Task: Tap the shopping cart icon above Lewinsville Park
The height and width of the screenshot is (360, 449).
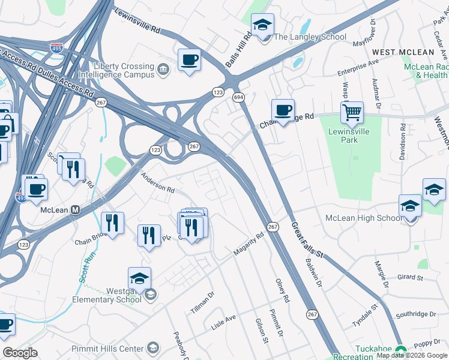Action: (352, 112)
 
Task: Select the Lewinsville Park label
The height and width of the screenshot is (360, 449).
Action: (349, 136)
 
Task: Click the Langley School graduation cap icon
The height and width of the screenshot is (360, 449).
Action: (262, 26)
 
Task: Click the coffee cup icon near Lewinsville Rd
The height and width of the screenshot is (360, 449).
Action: (189, 60)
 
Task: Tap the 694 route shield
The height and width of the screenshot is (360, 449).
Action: (238, 97)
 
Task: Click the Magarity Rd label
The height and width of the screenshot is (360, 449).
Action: (249, 244)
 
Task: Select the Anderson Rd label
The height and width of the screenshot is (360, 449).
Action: (157, 182)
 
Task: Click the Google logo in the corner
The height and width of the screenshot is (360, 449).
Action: (20, 353)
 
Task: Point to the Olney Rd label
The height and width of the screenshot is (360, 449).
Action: (283, 290)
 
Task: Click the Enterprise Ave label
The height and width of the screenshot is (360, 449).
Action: (358, 67)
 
